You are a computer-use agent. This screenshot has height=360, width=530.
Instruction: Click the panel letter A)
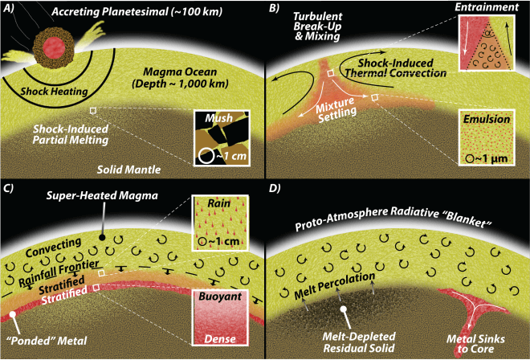pyautogui.click(x=10, y=9)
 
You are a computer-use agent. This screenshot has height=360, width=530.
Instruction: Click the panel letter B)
pyautogui.click(x=275, y=9)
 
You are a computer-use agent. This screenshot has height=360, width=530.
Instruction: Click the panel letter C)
pyautogui.click(x=10, y=190)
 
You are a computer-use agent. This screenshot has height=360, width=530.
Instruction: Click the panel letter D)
pyautogui.click(x=275, y=190)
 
